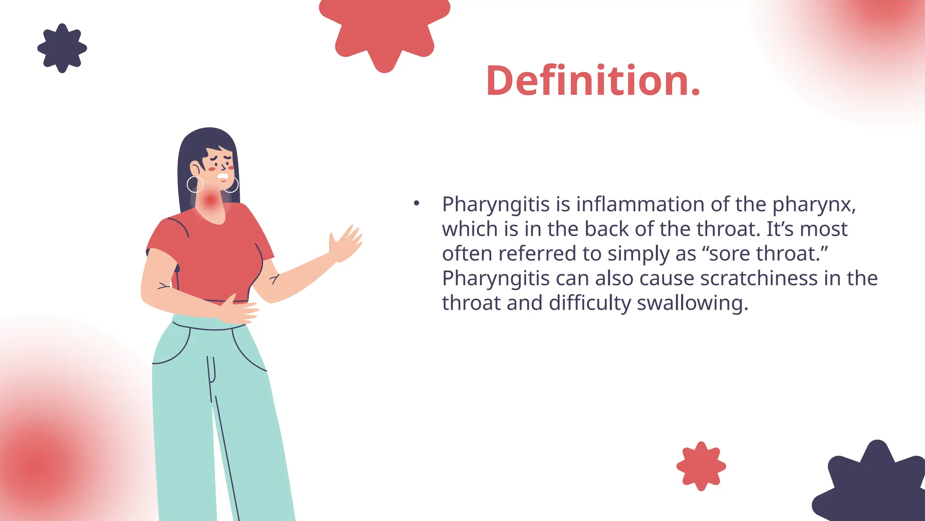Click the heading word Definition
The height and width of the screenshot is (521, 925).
coord(593,81)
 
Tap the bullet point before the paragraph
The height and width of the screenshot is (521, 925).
coord(416,204)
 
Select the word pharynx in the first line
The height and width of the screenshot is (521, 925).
coord(813,205)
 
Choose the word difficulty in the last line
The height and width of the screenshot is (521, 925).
coord(589,303)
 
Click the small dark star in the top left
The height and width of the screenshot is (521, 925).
coord(62,48)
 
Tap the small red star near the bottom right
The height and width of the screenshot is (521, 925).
coord(701,466)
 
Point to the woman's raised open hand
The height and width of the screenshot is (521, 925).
coord(346,244)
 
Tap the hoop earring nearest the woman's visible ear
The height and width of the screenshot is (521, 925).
coord(195,185)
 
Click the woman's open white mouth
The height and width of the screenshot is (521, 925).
coord(223,176)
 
